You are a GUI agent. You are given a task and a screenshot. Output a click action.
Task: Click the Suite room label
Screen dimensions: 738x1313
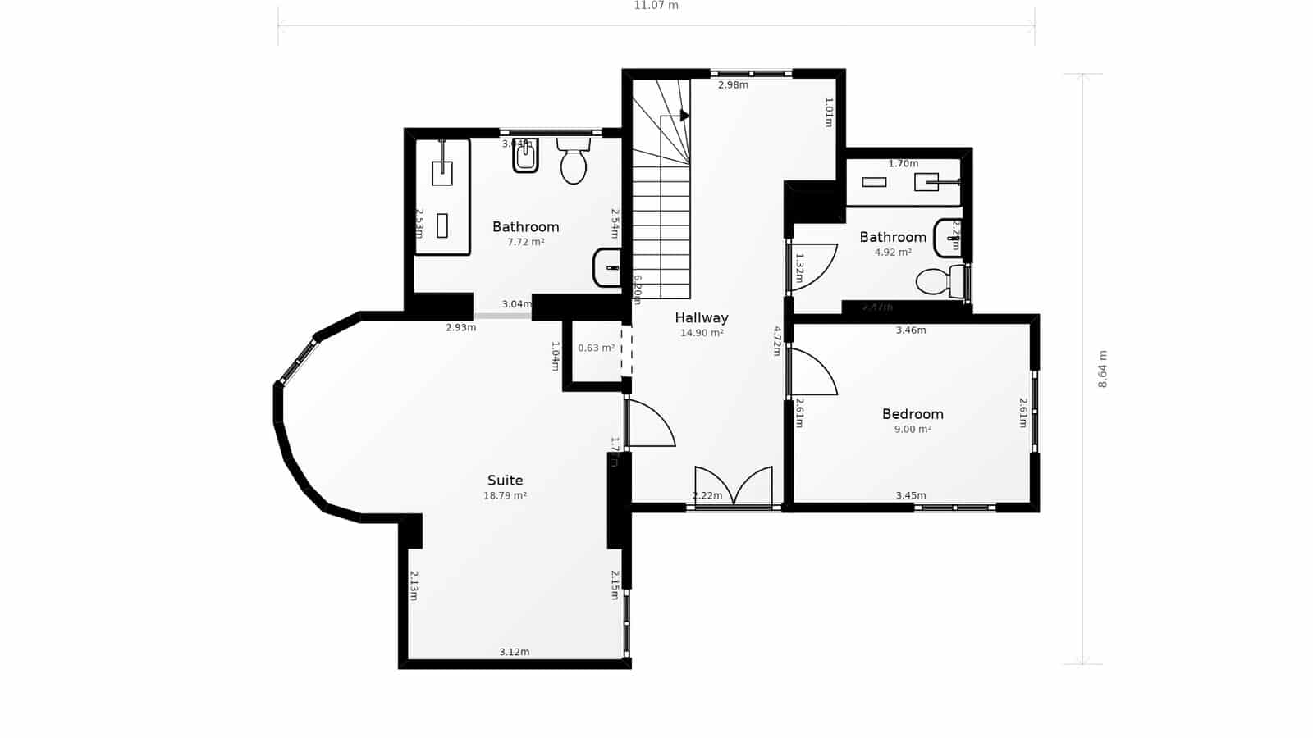tap(505, 481)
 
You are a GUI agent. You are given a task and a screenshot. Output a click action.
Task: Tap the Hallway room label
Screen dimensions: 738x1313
tap(702, 317)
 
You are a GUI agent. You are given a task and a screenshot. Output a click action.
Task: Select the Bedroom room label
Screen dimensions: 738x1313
tap(913, 414)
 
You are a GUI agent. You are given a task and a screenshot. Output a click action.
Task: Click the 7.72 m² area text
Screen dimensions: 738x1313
tap(525, 242)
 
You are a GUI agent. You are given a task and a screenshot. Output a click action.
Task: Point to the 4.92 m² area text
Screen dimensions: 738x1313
tap(893, 253)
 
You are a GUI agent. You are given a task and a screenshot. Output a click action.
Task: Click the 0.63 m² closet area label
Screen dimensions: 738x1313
tap(596, 348)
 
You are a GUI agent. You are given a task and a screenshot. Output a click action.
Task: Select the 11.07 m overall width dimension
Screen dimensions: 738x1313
tap(656, 6)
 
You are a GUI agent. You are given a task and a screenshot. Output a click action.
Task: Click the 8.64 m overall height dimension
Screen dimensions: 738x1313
tap(1102, 369)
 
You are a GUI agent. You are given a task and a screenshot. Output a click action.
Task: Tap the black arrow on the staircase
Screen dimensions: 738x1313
tap(684, 115)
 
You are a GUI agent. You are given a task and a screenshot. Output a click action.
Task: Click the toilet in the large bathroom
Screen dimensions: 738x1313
tap(574, 162)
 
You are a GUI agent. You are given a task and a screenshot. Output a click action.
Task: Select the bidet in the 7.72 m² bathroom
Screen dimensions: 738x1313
tap(525, 156)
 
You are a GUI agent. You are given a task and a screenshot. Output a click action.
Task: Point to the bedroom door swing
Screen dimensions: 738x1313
tap(812, 373)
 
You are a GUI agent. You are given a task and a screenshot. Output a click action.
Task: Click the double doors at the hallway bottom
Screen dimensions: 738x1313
tap(733, 488)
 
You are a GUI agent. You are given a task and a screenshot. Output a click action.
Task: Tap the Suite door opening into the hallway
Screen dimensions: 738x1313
tap(650, 423)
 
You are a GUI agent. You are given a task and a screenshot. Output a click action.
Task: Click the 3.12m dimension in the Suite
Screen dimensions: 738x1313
tap(515, 652)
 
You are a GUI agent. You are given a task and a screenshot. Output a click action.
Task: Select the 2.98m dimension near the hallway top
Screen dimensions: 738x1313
tap(733, 84)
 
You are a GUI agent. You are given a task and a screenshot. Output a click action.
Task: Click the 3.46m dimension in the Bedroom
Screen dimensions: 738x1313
tap(910, 330)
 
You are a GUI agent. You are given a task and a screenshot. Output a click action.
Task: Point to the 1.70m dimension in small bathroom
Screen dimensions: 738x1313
tap(903, 163)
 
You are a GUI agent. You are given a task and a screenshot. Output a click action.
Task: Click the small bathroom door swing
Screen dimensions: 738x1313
tap(813, 266)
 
